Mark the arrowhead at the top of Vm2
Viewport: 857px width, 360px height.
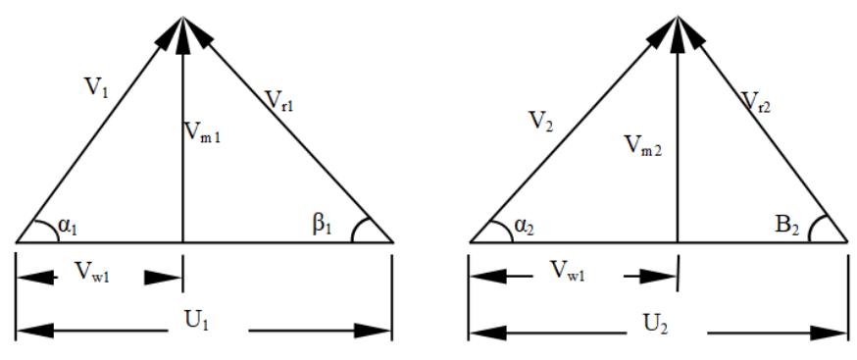(x=677, y=29)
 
